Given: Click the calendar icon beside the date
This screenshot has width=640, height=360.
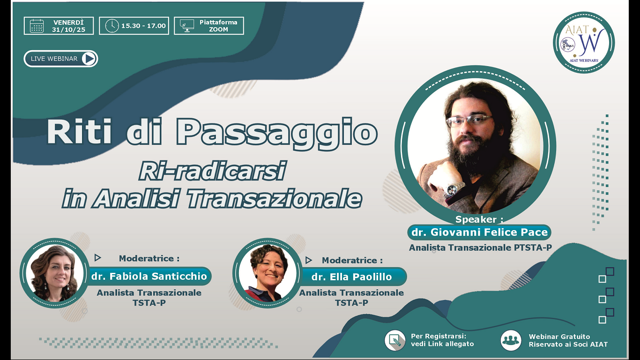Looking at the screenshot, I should click(x=37, y=26).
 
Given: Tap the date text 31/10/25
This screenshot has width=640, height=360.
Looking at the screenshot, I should click(x=68, y=30).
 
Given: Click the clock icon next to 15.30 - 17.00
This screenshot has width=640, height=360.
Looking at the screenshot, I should click(x=112, y=26).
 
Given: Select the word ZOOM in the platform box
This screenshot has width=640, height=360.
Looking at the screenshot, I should click(x=218, y=30).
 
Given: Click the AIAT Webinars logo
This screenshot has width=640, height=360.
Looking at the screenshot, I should click(x=584, y=43).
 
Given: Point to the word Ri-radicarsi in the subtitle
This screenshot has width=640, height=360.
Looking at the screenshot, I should click(x=212, y=172).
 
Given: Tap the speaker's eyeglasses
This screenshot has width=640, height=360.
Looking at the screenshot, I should click(x=469, y=121).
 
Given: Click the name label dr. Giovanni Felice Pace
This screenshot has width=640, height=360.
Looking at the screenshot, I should click(x=479, y=232).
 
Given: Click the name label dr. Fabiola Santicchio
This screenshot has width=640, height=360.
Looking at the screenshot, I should click(x=149, y=276).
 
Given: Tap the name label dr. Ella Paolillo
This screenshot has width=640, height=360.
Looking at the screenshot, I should click(x=351, y=277).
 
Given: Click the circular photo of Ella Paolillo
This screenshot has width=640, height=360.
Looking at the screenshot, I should click(x=267, y=273).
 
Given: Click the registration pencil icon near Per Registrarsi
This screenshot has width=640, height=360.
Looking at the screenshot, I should click(x=394, y=340).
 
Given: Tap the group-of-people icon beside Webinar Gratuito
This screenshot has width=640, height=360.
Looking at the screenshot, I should click(x=510, y=340).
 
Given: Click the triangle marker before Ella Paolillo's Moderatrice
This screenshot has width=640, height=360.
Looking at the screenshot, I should click(x=308, y=260).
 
